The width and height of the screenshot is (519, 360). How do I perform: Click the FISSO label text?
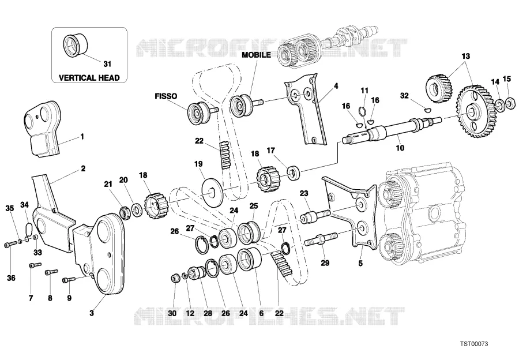click(166, 96)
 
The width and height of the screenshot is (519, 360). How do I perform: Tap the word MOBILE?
click(256, 55)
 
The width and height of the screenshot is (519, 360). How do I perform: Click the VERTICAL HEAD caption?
click(89, 78)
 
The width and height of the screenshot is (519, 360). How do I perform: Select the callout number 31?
click(107, 64)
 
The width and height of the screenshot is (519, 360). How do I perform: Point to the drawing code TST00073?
click(473, 344)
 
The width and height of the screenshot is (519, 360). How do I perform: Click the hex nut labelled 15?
click(511, 103)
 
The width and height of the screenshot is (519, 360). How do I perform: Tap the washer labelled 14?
click(500, 105)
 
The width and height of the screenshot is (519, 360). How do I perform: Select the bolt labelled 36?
click(10, 245)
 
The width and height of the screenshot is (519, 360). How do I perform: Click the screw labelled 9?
click(69, 280)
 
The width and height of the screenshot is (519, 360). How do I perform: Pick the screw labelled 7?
click(35, 265)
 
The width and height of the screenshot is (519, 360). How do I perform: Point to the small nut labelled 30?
click(175, 278)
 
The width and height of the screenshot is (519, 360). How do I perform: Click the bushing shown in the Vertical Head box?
click(75, 46)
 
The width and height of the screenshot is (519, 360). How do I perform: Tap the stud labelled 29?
click(321, 238)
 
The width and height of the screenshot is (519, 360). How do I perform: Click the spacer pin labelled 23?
click(315, 216)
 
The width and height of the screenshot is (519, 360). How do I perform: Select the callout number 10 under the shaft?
click(400, 148)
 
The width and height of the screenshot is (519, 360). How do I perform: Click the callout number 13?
click(465, 57)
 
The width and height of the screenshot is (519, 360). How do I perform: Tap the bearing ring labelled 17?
click(294, 172)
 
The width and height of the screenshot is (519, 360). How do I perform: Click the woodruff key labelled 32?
click(428, 108)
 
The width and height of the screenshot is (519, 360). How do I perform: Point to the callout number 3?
click(92, 313)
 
